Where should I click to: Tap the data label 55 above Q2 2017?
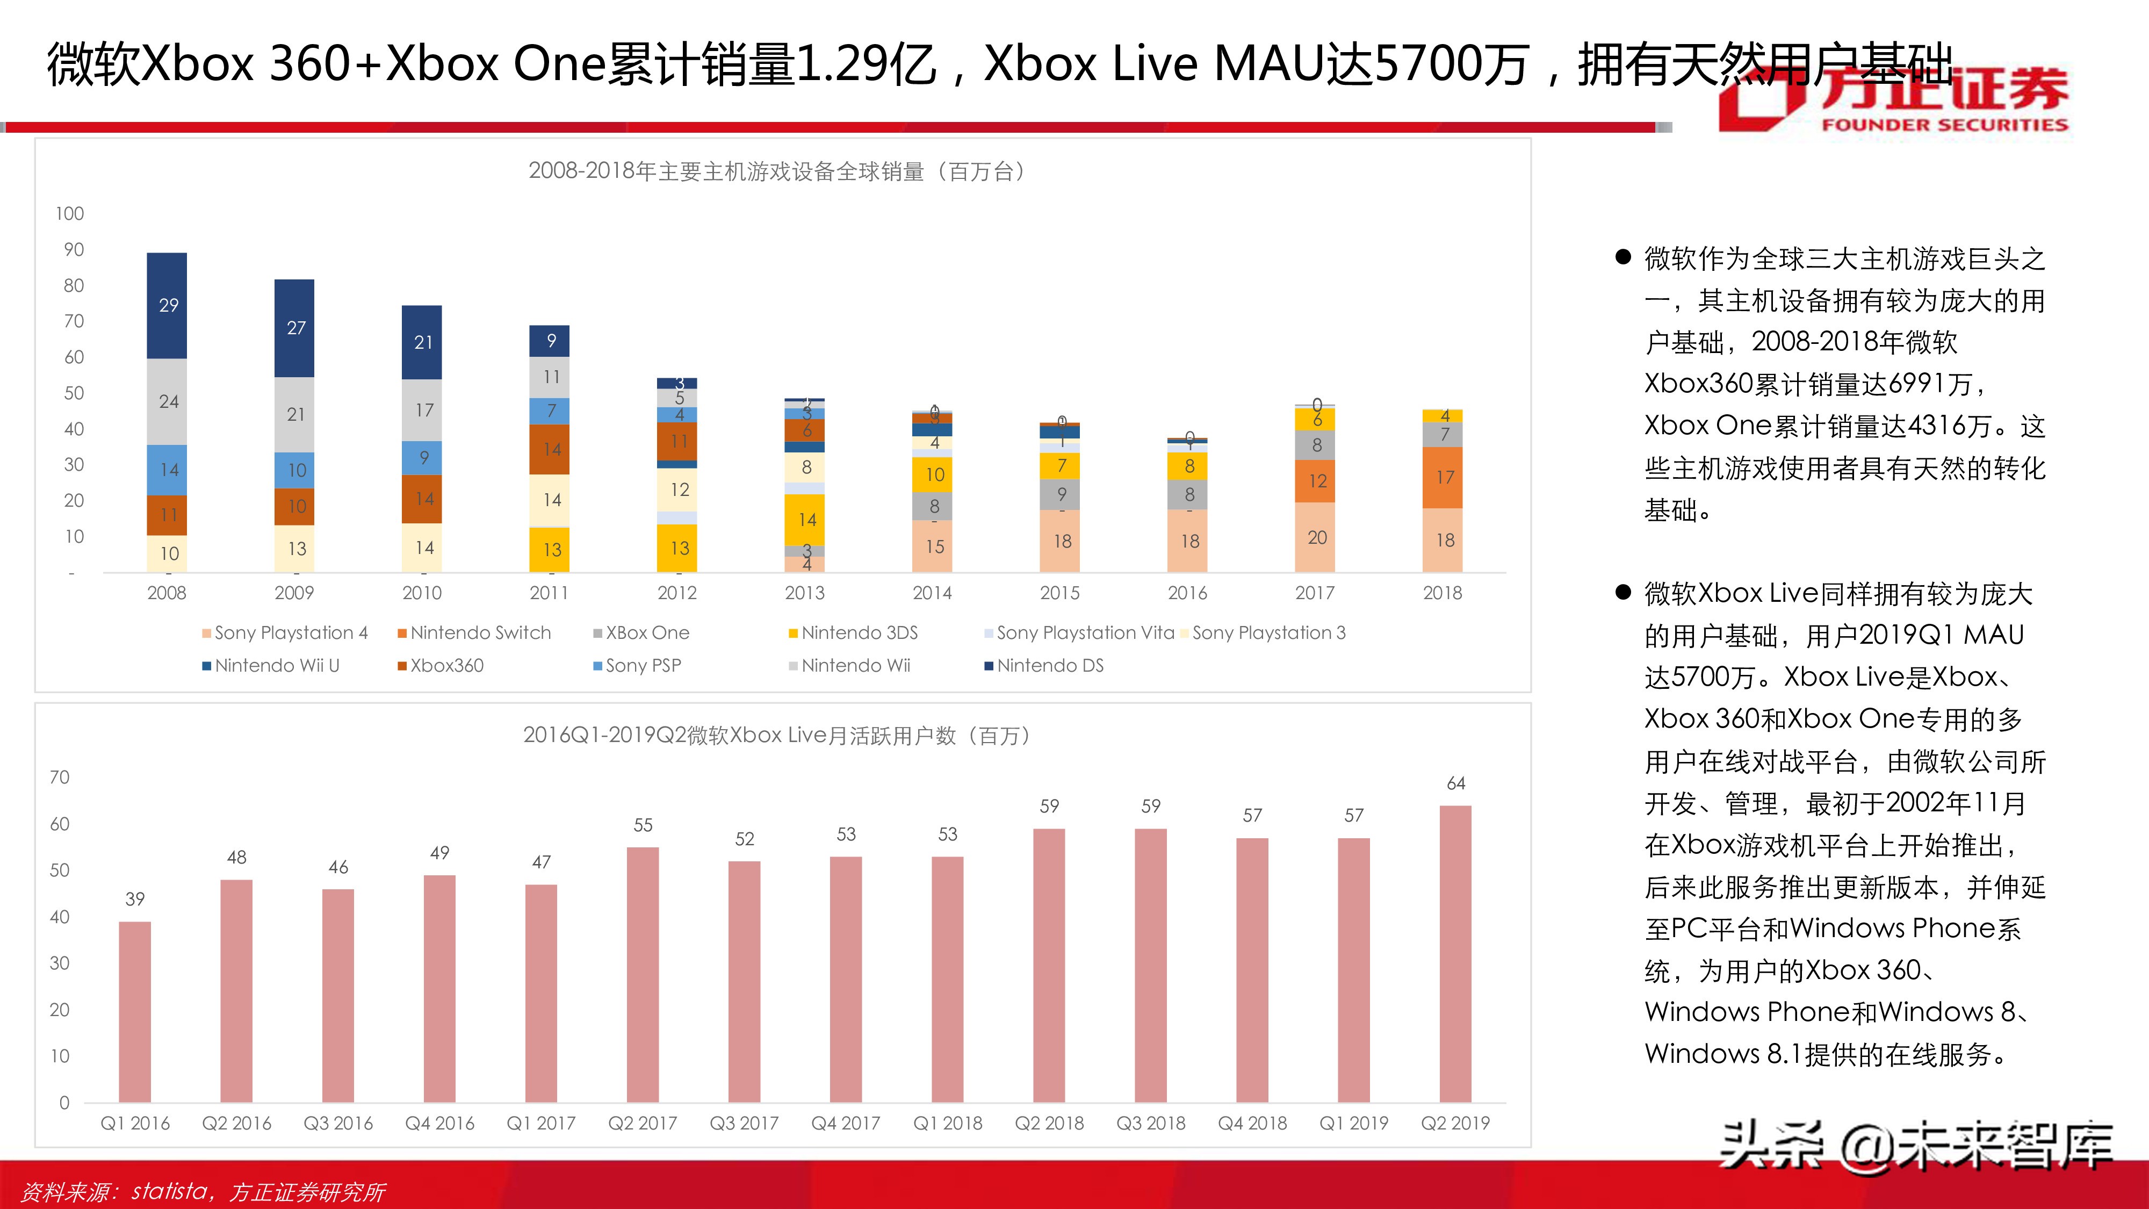(643, 825)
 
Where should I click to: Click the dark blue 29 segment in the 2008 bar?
(167, 305)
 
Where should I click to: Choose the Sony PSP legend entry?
(643, 666)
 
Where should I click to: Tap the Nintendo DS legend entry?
(1049, 666)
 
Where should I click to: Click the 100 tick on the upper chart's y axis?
(69, 214)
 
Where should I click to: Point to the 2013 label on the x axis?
(804, 593)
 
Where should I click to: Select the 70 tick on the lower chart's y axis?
(59, 778)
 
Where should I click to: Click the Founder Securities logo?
(1894, 100)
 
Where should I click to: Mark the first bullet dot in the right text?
(1622, 257)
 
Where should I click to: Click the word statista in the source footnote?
(169, 1191)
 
